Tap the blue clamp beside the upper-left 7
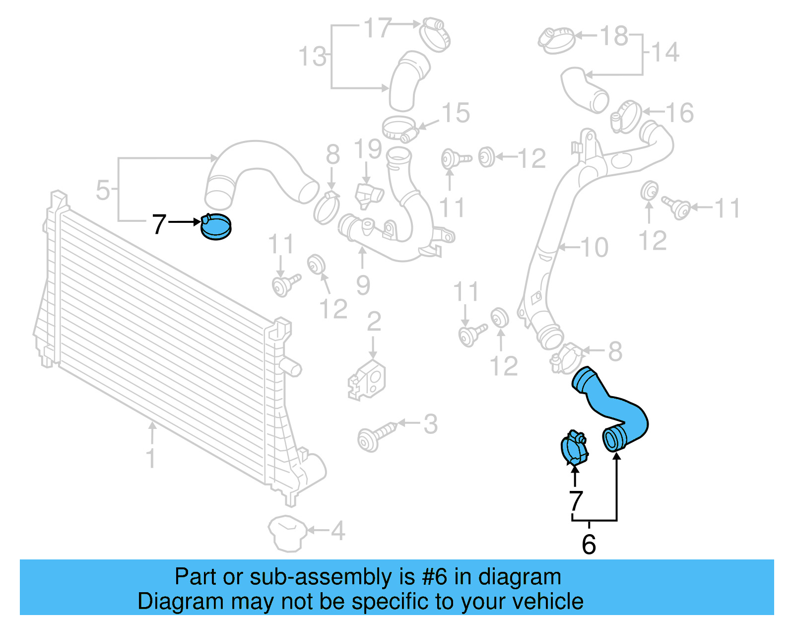click(x=216, y=227)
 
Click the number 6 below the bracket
click(x=589, y=545)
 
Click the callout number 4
click(x=338, y=531)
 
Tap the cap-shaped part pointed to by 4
click(x=286, y=534)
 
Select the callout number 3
click(x=430, y=424)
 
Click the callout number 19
click(x=368, y=149)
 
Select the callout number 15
click(x=456, y=113)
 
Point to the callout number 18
click(x=614, y=36)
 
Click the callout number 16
click(x=679, y=113)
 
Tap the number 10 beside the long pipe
click(x=594, y=247)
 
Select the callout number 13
click(x=313, y=56)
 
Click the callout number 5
click(x=103, y=190)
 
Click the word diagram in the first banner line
click(x=520, y=577)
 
